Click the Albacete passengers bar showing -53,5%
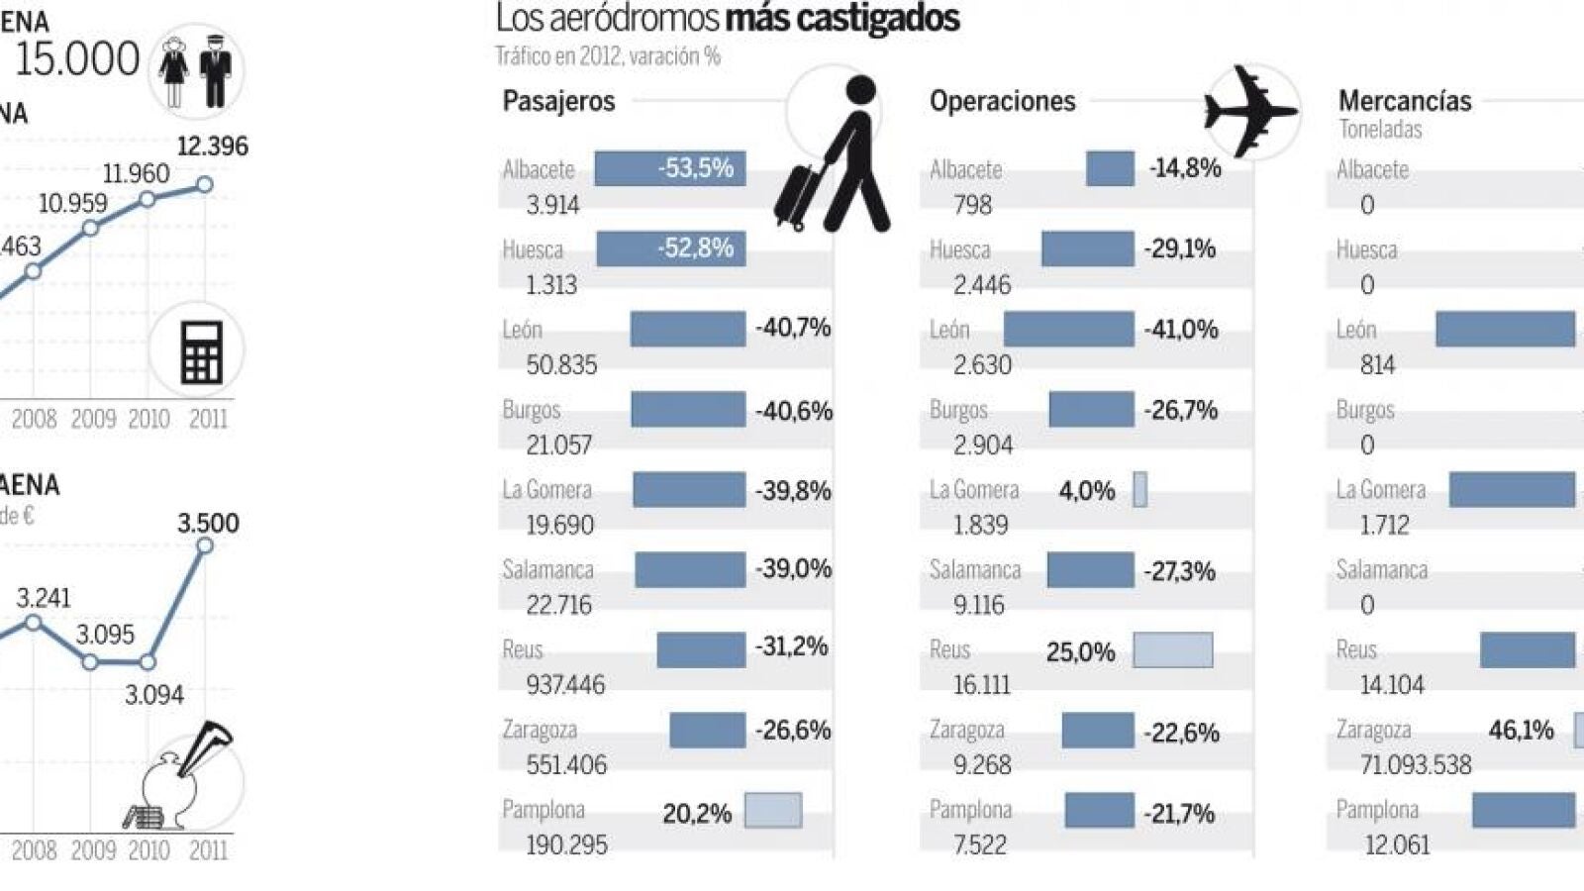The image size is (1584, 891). [670, 168]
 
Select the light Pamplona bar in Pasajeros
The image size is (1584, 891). [772, 811]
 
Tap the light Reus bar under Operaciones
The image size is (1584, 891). [1172, 650]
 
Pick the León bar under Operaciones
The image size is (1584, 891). [1068, 330]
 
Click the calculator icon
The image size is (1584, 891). [201, 351]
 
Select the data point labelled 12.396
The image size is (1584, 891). [205, 184]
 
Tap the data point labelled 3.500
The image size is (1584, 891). [205, 545]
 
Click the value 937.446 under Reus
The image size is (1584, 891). [565, 685]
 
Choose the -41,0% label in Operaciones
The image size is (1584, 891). [1181, 330]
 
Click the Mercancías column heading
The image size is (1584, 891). [1404, 101]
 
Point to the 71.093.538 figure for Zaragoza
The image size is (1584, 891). [1416, 765]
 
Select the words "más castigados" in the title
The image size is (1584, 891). [842, 19]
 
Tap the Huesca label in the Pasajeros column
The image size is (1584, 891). [533, 249]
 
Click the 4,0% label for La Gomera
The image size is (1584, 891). [1086, 490]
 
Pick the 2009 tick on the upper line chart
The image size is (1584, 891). [93, 419]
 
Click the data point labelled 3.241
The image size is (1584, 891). [33, 623]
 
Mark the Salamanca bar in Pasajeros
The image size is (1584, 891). [689, 570]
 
